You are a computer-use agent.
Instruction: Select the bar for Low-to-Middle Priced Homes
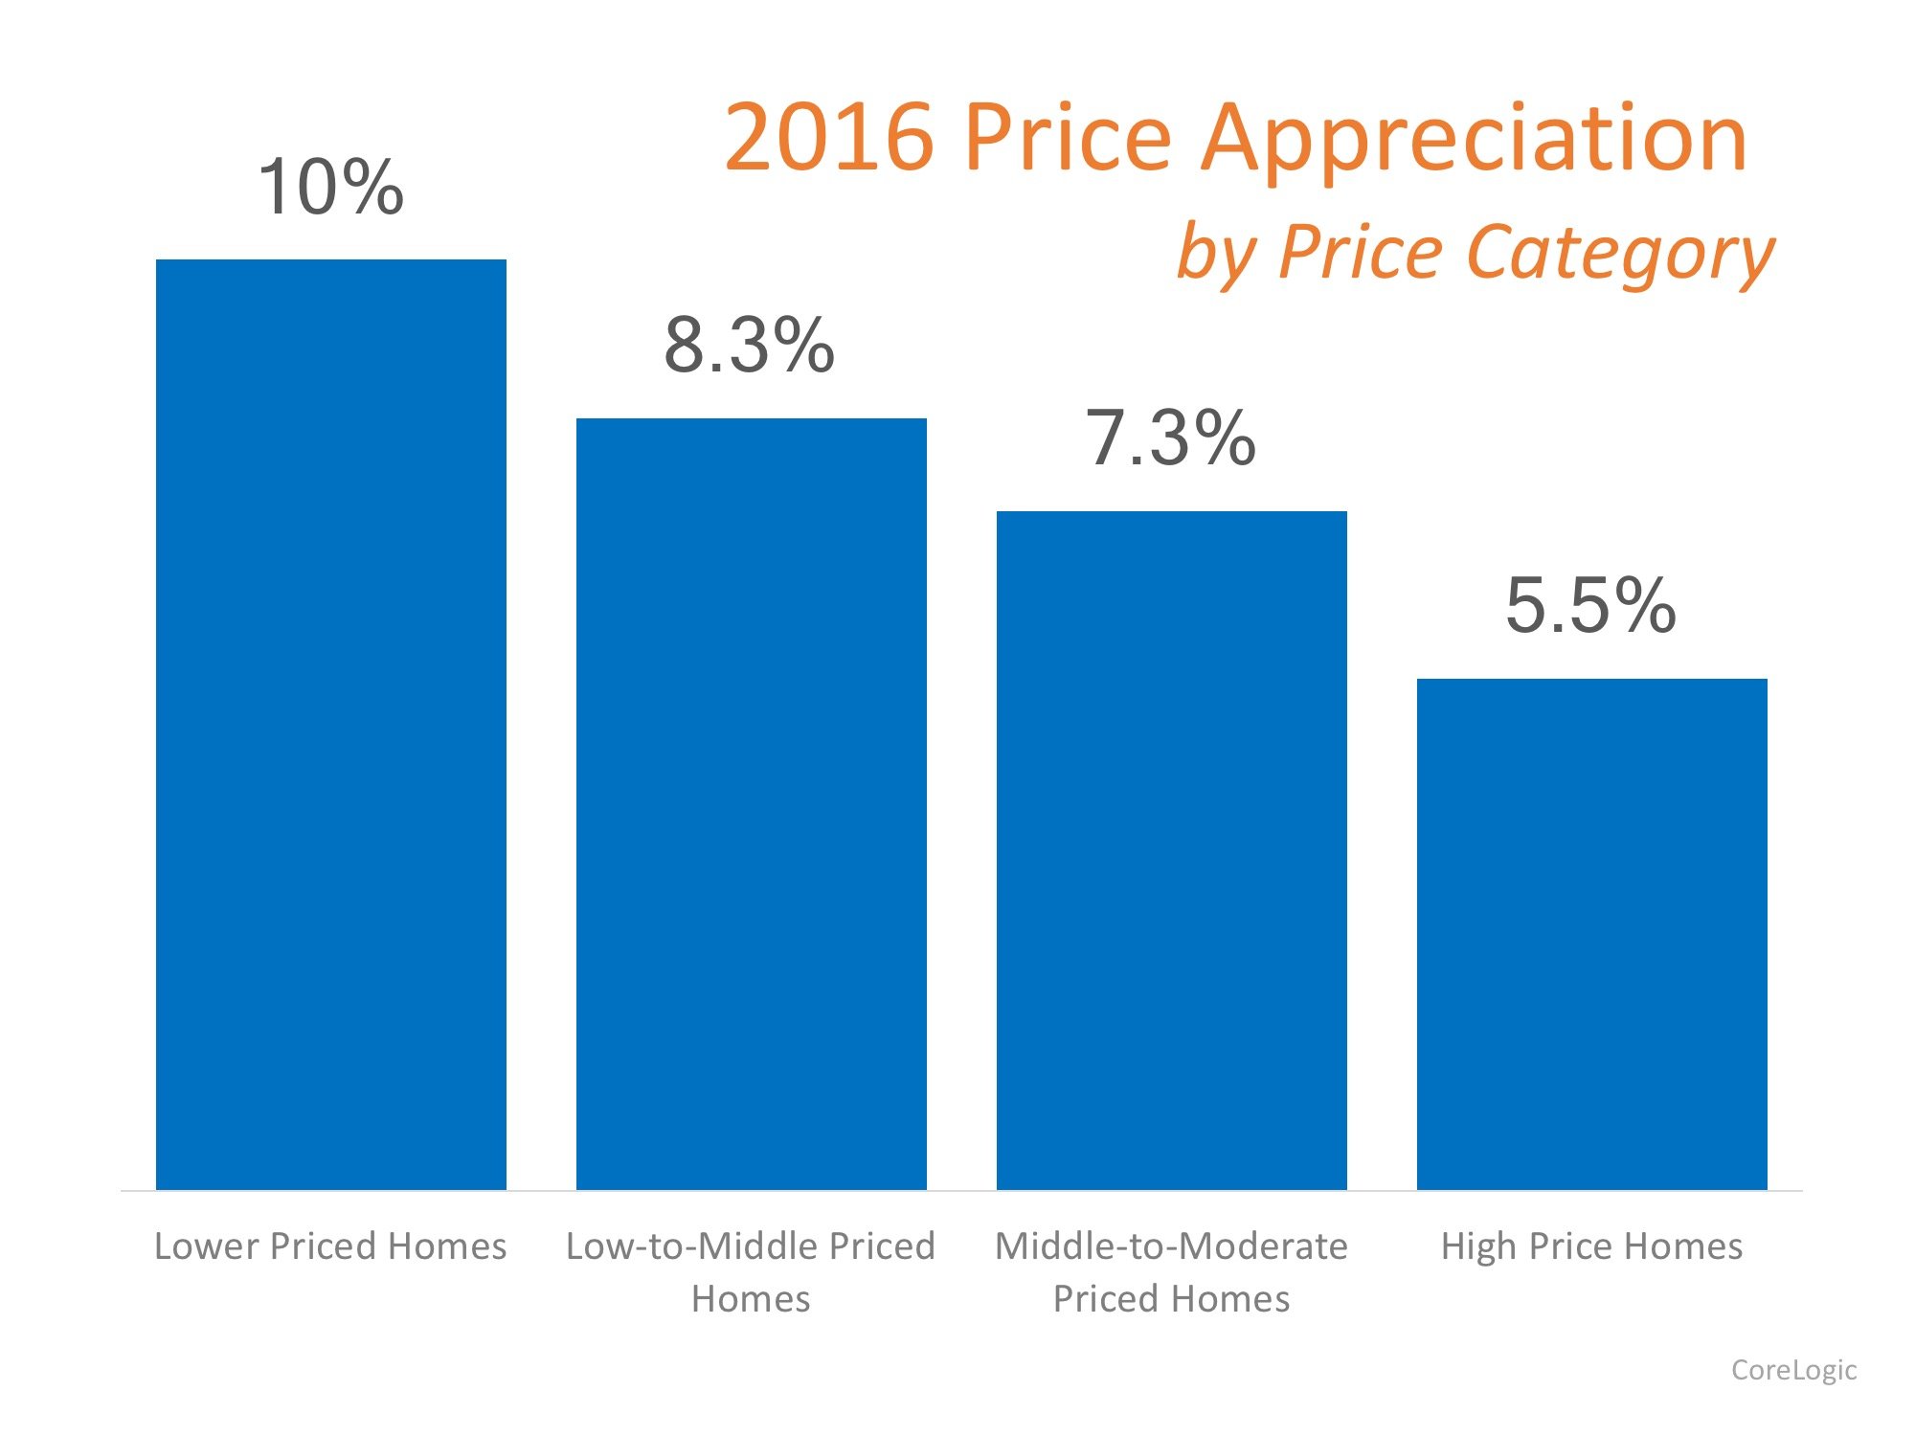click(751, 804)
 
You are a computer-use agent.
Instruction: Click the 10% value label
click(330, 188)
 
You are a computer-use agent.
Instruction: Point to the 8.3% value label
click(750, 346)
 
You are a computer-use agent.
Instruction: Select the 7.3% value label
click(1170, 438)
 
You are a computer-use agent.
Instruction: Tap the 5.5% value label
click(1590, 606)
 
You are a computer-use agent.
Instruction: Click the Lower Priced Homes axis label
click(330, 1246)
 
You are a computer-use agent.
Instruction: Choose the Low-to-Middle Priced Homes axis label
click(751, 1272)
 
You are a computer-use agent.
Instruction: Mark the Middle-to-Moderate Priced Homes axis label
click(1171, 1272)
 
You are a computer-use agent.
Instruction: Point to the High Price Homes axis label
click(1591, 1246)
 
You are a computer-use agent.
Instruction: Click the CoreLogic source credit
click(1793, 1370)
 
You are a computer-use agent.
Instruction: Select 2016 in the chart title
click(829, 138)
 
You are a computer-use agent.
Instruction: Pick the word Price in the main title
click(1068, 138)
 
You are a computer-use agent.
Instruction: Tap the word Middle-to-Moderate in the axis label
click(1171, 1246)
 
